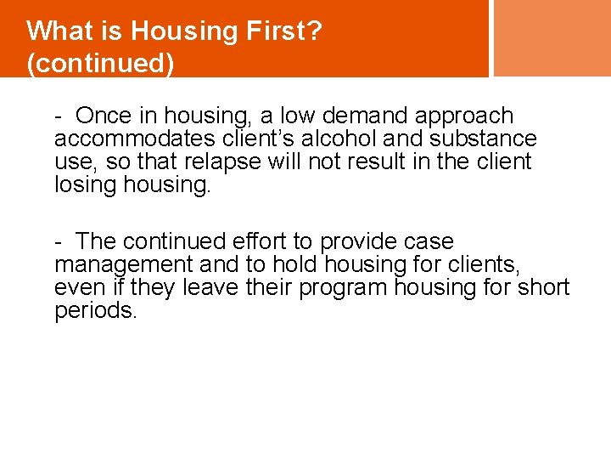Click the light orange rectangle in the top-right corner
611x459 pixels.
pyautogui.click(x=552, y=37)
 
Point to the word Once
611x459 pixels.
pyautogui.click(x=104, y=116)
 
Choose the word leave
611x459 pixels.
pyautogui.click(x=210, y=287)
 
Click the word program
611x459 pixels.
pyautogui.click(x=343, y=287)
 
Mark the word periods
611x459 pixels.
pyautogui.click(x=95, y=310)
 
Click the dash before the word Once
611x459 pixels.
pyautogui.click(x=59, y=116)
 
